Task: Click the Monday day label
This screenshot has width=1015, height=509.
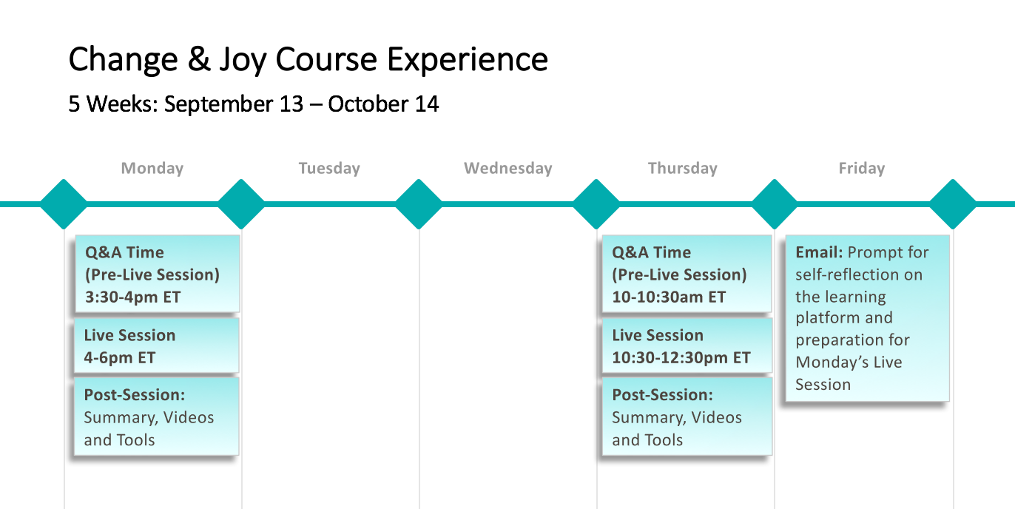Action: tap(152, 168)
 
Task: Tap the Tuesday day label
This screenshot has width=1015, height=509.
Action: tap(329, 168)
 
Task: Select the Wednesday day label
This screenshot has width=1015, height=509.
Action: tap(508, 168)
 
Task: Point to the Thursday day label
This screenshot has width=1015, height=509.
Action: tap(683, 168)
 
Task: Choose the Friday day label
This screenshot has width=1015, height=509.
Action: tap(862, 168)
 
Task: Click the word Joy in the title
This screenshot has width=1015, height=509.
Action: tap(243, 60)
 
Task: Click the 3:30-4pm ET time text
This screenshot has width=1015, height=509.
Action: tap(132, 297)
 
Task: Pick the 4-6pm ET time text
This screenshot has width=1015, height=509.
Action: tap(120, 358)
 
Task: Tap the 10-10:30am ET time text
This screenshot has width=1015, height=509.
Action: tap(669, 297)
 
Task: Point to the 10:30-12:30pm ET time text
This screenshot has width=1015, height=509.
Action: tap(681, 358)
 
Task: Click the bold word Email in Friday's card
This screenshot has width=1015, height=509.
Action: tap(819, 252)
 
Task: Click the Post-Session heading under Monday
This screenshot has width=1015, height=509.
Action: tap(135, 395)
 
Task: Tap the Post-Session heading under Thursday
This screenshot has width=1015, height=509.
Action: tap(662, 395)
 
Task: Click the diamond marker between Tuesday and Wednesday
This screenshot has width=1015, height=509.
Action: tap(419, 204)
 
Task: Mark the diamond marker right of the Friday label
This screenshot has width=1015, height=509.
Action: tap(952, 204)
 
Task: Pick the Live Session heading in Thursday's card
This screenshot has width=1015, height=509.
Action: tap(658, 335)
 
